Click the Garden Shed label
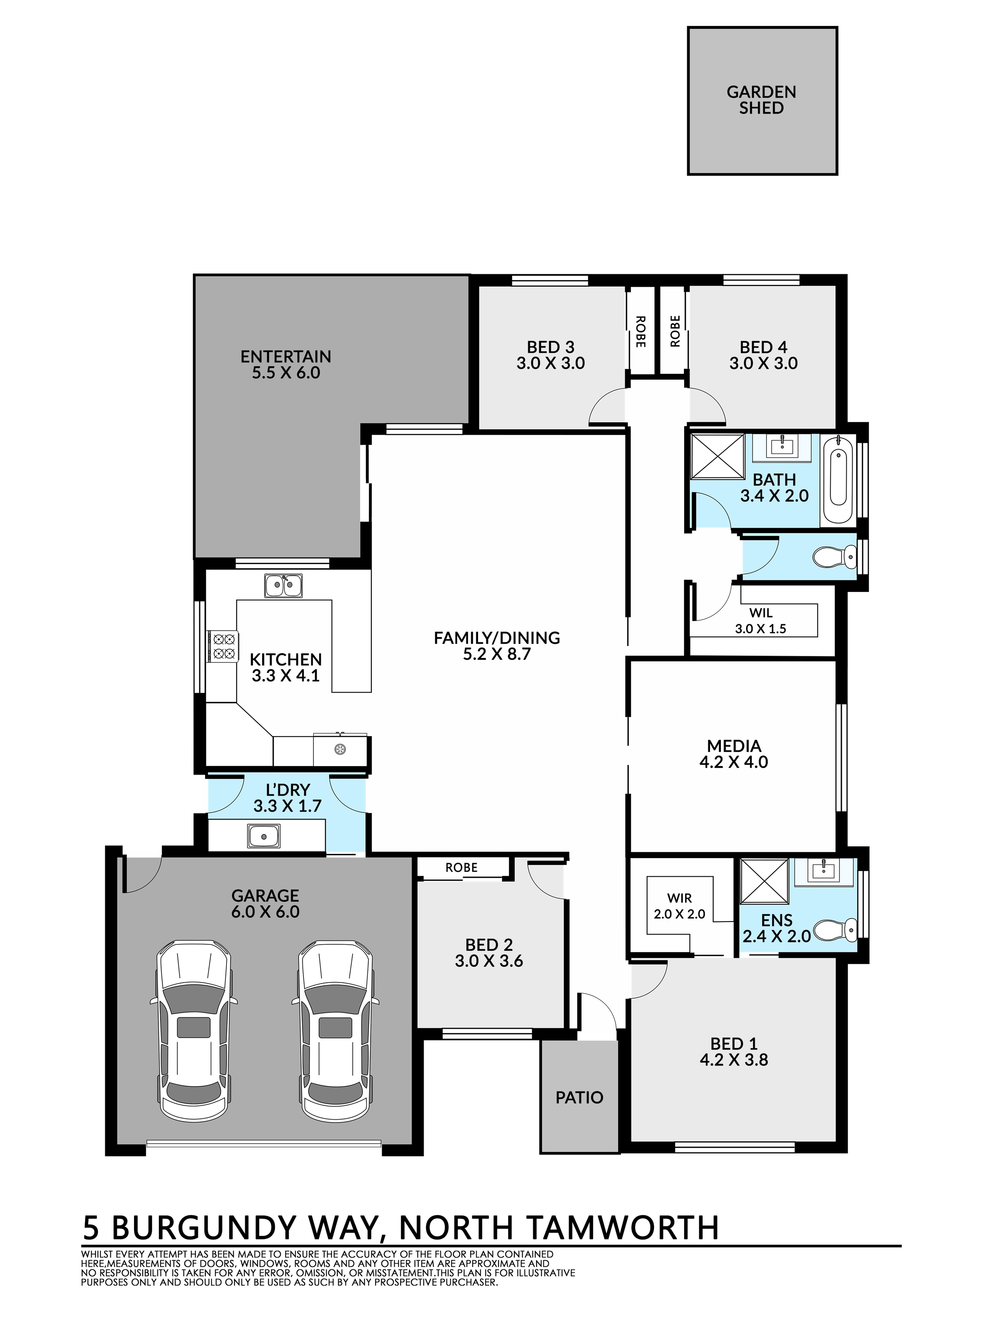[761, 100]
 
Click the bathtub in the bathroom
[838, 479]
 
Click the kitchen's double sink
[283, 586]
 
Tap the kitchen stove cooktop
[223, 646]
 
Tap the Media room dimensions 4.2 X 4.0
[734, 762]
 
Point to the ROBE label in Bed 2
[461, 868]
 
